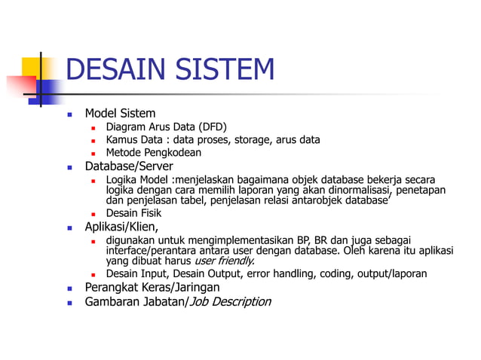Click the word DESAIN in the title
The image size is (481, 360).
[117, 70]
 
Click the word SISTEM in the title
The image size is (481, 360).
[224, 70]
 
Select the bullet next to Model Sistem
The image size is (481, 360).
[69, 114]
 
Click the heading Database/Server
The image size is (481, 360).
[128, 166]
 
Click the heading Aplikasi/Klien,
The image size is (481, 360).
[121, 226]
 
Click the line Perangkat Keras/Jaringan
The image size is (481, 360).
[152, 287]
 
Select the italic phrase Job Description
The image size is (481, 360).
[229, 301]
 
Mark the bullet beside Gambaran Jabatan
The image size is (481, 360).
[69, 302]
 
